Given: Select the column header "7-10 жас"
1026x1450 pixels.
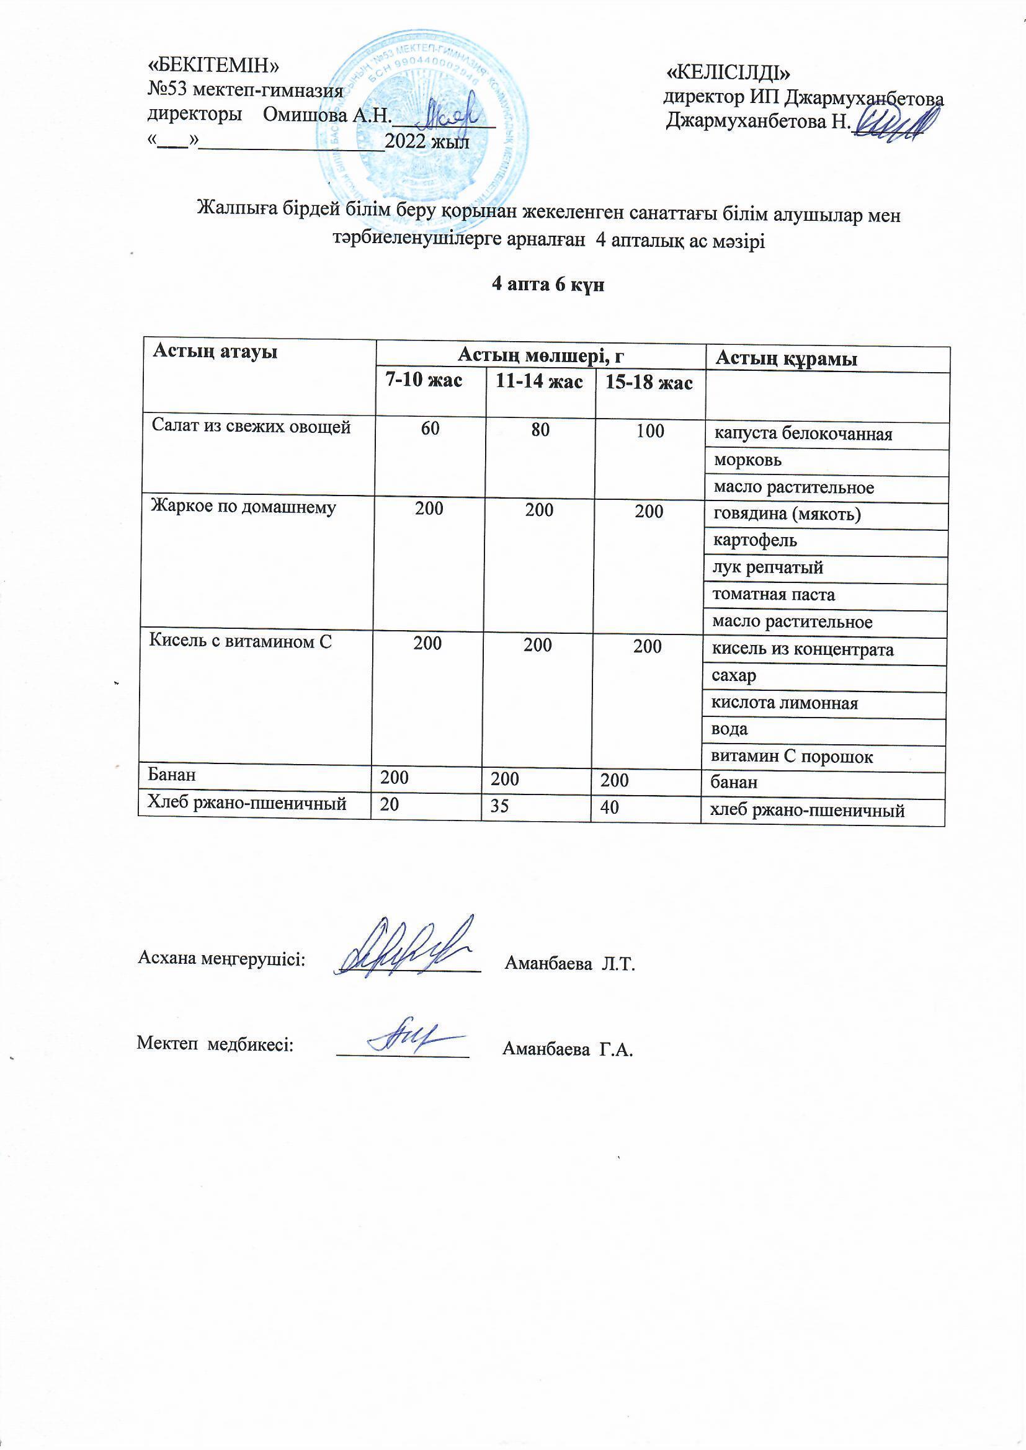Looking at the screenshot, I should click(424, 380).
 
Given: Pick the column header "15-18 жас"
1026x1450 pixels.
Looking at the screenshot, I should click(649, 383).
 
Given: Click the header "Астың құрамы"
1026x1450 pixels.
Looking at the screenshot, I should click(786, 360).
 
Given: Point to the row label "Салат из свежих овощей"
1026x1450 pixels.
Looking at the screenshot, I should click(251, 427).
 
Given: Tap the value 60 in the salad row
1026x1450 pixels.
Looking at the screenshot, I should click(430, 430).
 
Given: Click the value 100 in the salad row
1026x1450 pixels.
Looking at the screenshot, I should click(650, 431).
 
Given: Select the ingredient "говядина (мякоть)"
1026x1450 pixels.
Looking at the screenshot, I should click(787, 514).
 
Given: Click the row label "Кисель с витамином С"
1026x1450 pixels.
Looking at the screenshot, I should click(240, 642).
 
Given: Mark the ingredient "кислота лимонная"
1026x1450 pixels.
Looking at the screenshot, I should click(785, 703).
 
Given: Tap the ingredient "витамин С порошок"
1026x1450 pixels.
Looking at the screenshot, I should click(792, 757).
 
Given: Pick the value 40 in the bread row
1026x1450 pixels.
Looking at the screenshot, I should click(610, 807).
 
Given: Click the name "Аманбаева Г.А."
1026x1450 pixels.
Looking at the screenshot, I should click(568, 1050).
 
